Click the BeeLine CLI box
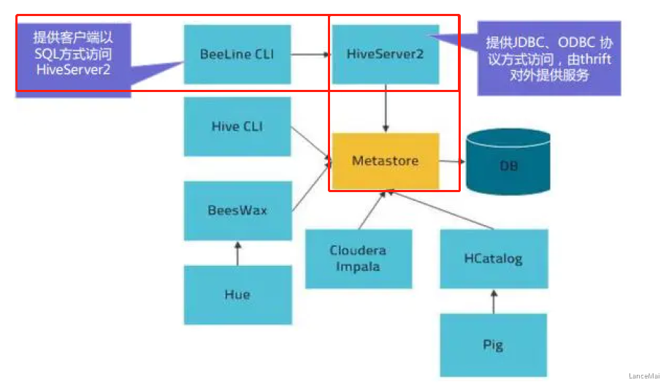[x=237, y=54]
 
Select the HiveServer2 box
[x=385, y=54]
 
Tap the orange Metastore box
[x=385, y=161]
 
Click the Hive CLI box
[x=237, y=126]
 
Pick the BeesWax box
[x=237, y=210]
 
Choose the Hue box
[x=237, y=294]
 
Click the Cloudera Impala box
[x=358, y=258]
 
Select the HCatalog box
[x=493, y=258]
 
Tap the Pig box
[x=493, y=343]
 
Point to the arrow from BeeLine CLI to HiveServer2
[x=310, y=54]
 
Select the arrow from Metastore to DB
[x=451, y=161]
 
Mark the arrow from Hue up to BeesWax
[x=237, y=253]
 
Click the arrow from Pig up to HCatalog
[x=493, y=300]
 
